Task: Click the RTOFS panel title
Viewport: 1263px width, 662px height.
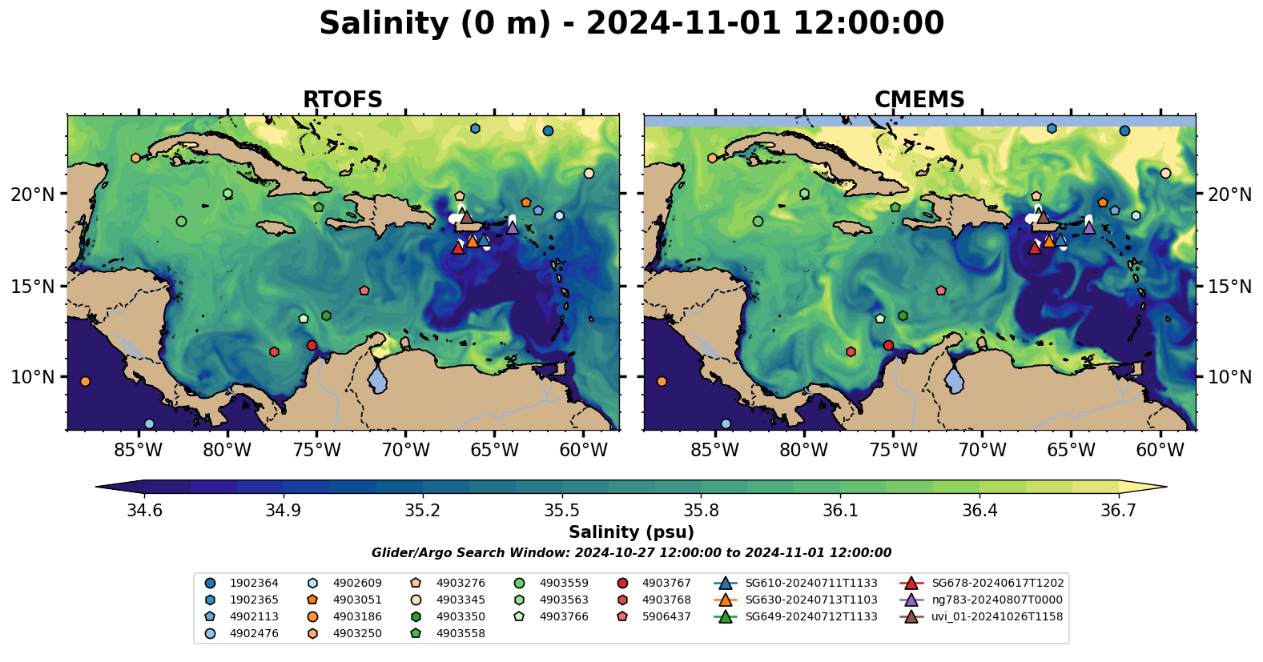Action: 342,99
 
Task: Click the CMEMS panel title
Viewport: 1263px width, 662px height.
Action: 919,99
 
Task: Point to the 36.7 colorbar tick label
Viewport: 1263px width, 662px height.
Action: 1118,511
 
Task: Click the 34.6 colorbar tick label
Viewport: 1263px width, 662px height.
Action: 144,511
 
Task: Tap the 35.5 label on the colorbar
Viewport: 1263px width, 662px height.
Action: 561,511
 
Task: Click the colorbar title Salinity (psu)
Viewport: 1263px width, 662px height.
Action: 631,532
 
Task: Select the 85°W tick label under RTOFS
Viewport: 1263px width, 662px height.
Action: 139,450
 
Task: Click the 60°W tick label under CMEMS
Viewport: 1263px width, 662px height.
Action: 1160,450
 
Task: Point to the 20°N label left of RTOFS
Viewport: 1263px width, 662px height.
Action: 34,195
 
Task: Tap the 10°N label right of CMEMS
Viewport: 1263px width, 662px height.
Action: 1229,377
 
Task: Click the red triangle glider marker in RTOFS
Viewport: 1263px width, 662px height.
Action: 458,247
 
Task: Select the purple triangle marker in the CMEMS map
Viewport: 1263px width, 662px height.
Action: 1089,227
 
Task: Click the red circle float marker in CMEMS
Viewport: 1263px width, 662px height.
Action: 888,346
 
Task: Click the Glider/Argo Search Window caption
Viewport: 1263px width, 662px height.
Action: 631,553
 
